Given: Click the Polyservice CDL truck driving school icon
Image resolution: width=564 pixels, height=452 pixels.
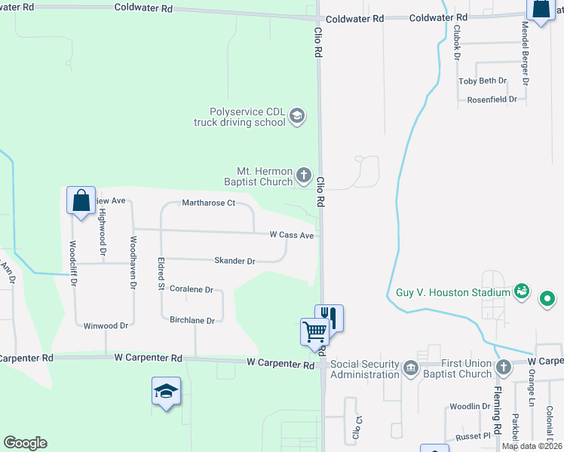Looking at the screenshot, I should pyautogui.click(x=297, y=115).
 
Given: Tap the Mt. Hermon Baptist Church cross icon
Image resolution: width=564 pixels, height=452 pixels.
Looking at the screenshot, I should pyautogui.click(x=304, y=176).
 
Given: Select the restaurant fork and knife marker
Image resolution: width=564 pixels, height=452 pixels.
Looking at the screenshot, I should pyautogui.click(x=329, y=316).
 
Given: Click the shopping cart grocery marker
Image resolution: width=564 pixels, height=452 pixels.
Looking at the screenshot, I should pyautogui.click(x=314, y=330).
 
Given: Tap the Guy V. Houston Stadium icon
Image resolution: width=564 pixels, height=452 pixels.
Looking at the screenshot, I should pyautogui.click(x=520, y=290).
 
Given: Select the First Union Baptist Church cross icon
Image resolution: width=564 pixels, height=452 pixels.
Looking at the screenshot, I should pyautogui.click(x=504, y=367).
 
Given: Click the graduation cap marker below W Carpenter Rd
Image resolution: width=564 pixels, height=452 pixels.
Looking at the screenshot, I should pyautogui.click(x=166, y=390).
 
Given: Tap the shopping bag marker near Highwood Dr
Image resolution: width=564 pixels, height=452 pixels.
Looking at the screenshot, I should pyautogui.click(x=81, y=200).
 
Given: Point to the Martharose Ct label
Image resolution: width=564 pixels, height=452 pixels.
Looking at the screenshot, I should pyautogui.click(x=209, y=203).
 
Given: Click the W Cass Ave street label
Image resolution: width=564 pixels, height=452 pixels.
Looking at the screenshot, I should pyautogui.click(x=291, y=235).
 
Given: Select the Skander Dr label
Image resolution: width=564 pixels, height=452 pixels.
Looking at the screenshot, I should pyautogui.click(x=235, y=261).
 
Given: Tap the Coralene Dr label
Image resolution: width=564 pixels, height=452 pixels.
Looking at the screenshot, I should pyautogui.click(x=192, y=289).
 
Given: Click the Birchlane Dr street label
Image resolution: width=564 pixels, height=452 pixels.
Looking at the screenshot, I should pyautogui.click(x=192, y=320).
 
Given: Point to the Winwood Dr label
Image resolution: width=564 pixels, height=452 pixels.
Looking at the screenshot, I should pyautogui.click(x=106, y=325).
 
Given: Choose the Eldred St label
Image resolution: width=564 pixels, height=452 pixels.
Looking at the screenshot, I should pyautogui.click(x=161, y=275).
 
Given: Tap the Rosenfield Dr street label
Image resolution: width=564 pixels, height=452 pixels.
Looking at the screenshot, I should pyautogui.click(x=492, y=99).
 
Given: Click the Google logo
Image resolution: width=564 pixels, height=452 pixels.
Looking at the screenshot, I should pyautogui.click(x=25, y=443).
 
